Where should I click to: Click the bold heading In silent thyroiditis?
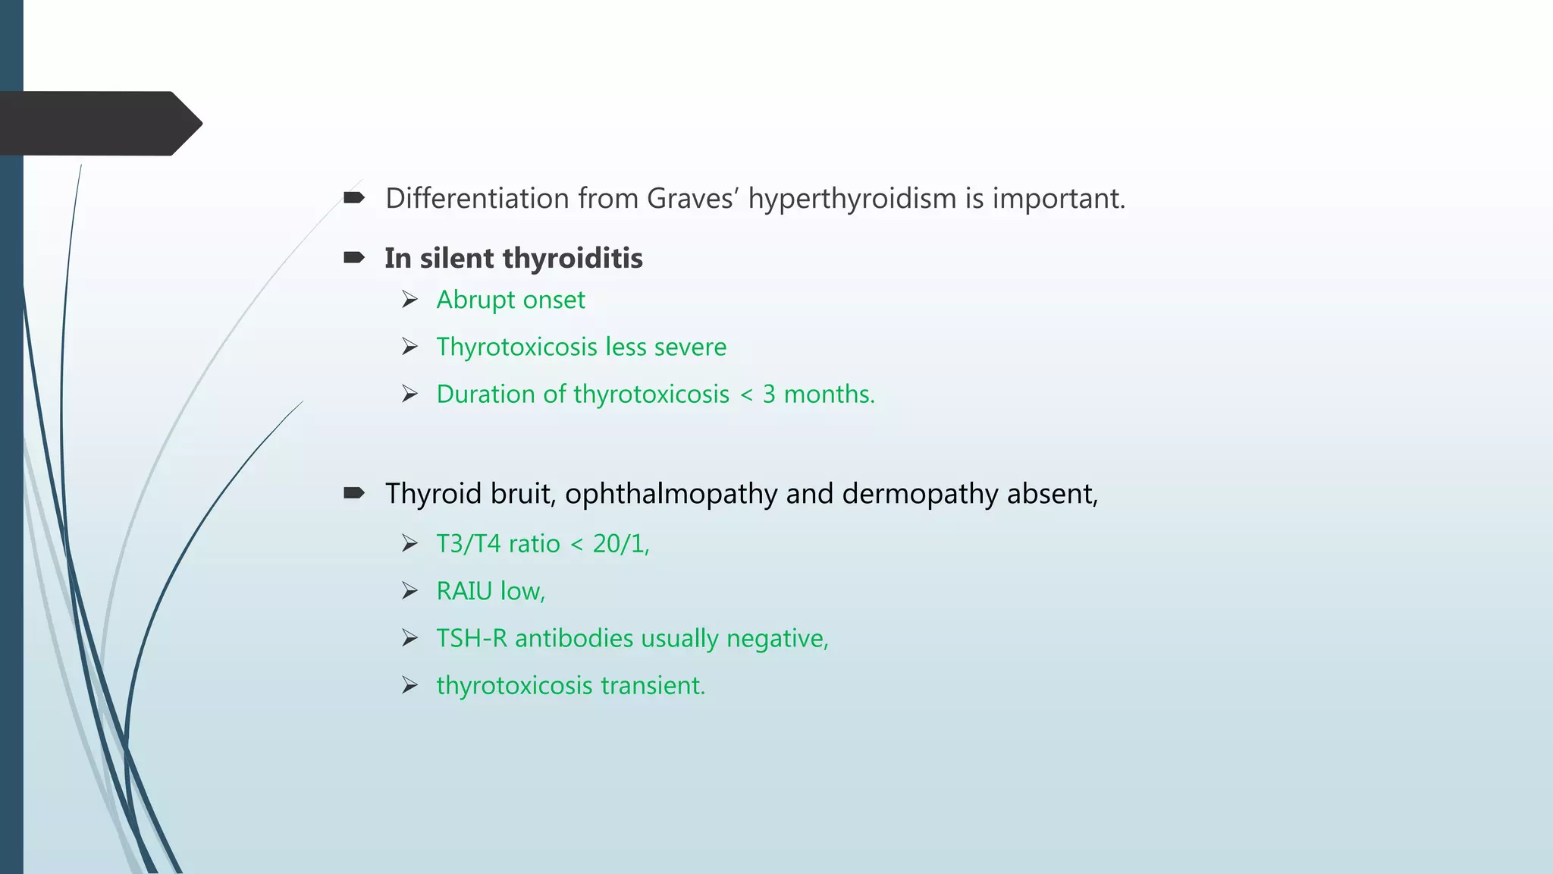point(513,259)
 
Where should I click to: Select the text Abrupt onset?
point(510,300)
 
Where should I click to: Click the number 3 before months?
point(769,395)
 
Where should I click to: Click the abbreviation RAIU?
point(464,591)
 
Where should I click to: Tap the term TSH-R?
point(471,639)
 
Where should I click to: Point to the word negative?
point(776,639)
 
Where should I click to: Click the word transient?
point(652,686)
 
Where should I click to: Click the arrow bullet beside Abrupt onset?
point(410,300)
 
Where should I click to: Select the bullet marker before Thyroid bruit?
point(354,494)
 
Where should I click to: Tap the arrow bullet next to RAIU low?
point(410,591)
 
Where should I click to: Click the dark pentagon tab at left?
point(99,124)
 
